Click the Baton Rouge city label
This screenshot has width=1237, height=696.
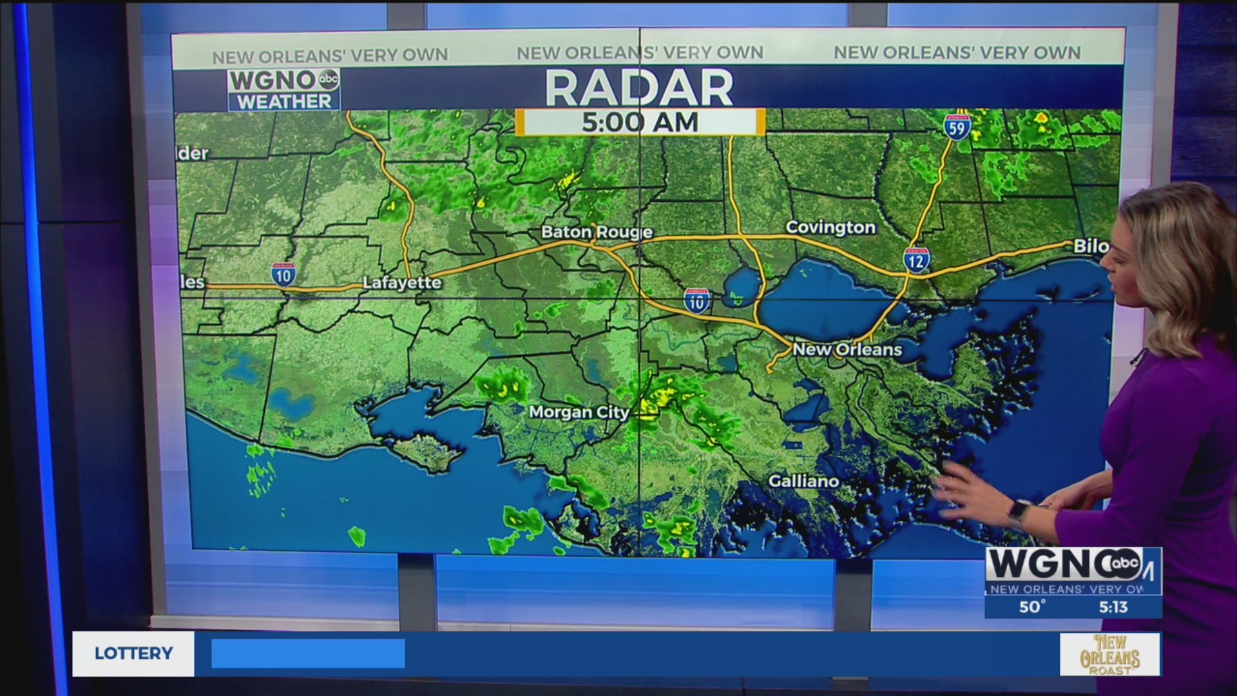(x=597, y=232)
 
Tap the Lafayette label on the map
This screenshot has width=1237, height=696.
(x=402, y=282)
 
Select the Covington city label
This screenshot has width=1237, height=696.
(x=830, y=227)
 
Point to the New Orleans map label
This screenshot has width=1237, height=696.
(x=847, y=349)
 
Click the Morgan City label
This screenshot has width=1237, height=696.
(x=579, y=412)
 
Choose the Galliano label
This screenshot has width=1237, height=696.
(x=803, y=481)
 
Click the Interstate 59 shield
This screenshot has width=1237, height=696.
(x=957, y=128)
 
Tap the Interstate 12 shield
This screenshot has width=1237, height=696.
(x=916, y=260)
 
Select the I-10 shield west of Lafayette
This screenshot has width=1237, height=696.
(x=283, y=275)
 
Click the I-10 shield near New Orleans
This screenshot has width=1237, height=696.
(x=696, y=300)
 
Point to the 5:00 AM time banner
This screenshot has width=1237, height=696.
(x=640, y=122)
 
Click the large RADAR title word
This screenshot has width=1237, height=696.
(x=639, y=88)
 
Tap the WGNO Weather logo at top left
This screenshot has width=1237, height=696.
(x=283, y=90)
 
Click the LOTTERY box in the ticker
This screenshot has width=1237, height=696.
(x=133, y=653)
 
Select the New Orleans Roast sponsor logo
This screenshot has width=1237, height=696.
(x=1109, y=654)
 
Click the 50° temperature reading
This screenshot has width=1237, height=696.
(x=1032, y=606)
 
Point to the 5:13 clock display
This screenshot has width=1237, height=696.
(x=1113, y=606)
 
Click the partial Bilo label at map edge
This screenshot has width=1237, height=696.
(x=1091, y=246)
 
